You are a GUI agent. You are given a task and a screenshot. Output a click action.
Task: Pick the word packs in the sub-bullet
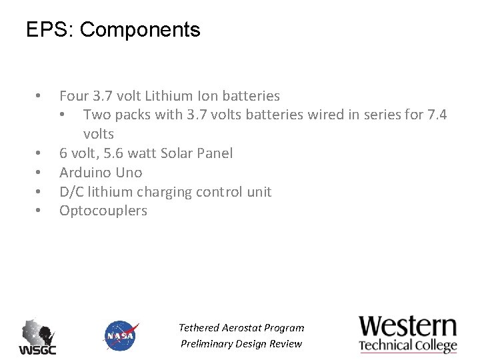133,115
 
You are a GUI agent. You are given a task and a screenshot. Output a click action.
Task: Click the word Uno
129,173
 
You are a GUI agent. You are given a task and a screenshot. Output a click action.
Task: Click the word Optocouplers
103,211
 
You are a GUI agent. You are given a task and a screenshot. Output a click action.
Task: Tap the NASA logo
121,335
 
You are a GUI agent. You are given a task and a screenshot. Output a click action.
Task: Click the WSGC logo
37,337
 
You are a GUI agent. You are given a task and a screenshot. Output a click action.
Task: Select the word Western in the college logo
408,327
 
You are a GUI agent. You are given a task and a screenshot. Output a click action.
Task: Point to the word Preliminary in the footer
208,344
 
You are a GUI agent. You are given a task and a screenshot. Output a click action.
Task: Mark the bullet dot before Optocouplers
39,211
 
